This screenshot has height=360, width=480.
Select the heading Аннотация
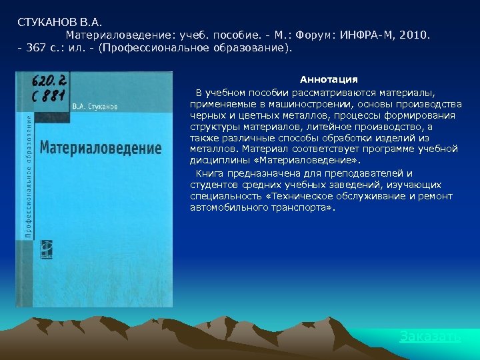click(328, 79)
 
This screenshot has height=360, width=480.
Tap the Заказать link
click(430, 336)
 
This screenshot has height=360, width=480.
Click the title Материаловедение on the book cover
click(101, 147)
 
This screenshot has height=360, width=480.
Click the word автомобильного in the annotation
click(226, 207)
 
